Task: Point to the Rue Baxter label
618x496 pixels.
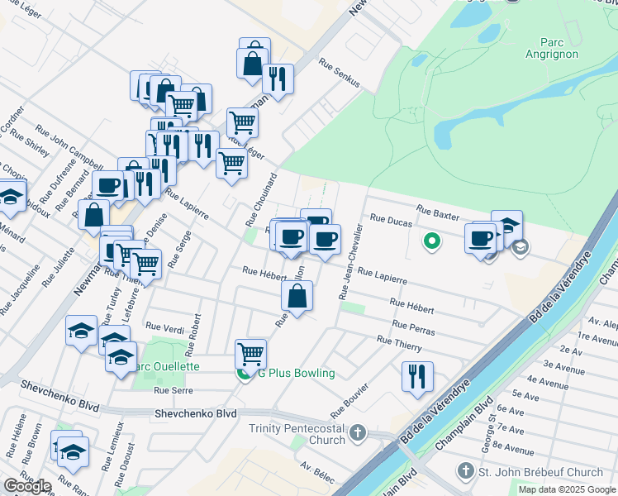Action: [437, 216]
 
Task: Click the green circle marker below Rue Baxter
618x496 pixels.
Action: [430, 242]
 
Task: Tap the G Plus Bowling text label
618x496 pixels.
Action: [296, 373]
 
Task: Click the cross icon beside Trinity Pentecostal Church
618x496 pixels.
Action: [358, 432]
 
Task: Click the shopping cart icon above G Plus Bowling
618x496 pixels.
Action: [250, 354]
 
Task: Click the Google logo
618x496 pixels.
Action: [26, 486]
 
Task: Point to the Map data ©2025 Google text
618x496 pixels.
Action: [568, 489]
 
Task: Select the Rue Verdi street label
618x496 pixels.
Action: [164, 328]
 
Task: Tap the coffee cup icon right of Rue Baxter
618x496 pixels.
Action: [480, 238]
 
